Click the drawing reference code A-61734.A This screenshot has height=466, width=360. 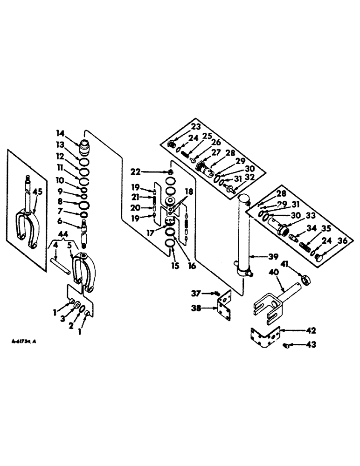(x=24, y=342)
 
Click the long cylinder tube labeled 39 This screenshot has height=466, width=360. (x=243, y=238)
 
